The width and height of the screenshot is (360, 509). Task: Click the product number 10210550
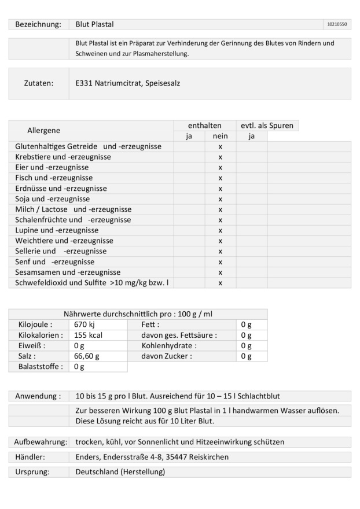pyautogui.click(x=337, y=25)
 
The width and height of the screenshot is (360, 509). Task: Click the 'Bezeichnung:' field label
pyautogui.click(x=38, y=24)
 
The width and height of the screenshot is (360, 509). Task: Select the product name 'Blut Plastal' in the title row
pyautogui.click(x=95, y=24)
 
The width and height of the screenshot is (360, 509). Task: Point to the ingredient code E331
pyautogui.click(x=85, y=83)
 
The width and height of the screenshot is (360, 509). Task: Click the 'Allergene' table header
pyautogui.click(x=43, y=131)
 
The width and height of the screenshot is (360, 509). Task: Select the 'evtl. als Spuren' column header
pyautogui.click(x=267, y=126)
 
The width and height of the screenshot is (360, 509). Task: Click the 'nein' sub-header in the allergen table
pyautogui.click(x=220, y=136)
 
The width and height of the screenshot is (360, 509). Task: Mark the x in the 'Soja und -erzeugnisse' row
pyautogui.click(x=221, y=199)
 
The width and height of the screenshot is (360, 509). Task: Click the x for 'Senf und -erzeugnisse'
pyautogui.click(x=221, y=261)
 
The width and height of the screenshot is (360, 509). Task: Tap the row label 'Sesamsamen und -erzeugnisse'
pyautogui.click(x=68, y=272)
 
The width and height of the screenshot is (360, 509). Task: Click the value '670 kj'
pyautogui.click(x=85, y=325)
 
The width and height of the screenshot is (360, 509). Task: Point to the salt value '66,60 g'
pyautogui.click(x=88, y=356)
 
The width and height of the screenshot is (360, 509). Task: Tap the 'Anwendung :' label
pyautogui.click(x=38, y=396)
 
